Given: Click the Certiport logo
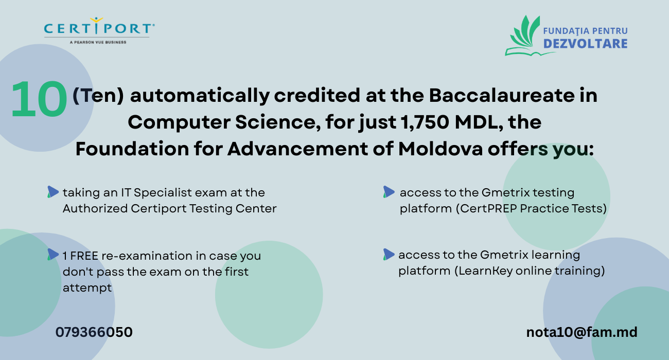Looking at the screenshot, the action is (x=99, y=30).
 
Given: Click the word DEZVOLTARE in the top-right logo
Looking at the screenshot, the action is (x=586, y=44).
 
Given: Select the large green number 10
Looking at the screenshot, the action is (x=39, y=99).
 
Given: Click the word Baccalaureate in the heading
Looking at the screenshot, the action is (x=501, y=95).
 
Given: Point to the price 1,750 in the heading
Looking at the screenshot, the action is (x=425, y=122).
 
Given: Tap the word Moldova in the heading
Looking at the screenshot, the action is (x=441, y=149).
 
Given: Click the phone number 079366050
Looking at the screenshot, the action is (x=94, y=332).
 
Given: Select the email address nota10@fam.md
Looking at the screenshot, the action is (x=582, y=332).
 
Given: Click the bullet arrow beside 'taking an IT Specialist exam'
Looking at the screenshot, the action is (x=53, y=192).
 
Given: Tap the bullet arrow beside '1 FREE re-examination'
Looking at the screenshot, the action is (x=53, y=255).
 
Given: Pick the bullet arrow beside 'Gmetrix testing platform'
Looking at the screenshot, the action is (x=389, y=192).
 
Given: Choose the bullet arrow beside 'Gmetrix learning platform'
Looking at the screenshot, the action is (x=389, y=255).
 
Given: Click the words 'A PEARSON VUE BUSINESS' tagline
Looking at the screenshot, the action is (x=98, y=42).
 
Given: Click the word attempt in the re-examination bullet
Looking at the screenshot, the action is (x=87, y=288).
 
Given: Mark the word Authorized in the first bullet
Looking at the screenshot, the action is (x=95, y=208).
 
